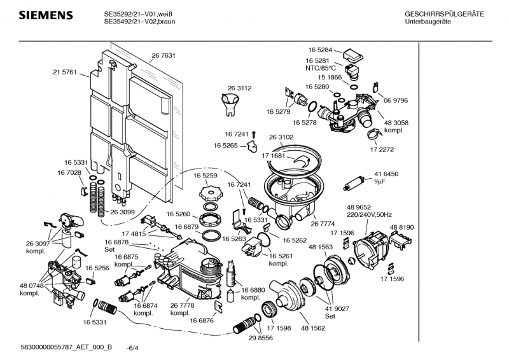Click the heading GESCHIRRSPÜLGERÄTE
click(x=444, y=14)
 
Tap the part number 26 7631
click(x=164, y=56)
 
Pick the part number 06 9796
click(x=396, y=100)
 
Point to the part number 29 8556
click(x=260, y=338)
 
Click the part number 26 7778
click(x=182, y=306)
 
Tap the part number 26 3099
click(x=123, y=212)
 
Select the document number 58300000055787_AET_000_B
click(x=66, y=347)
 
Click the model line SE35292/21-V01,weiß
click(x=140, y=14)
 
